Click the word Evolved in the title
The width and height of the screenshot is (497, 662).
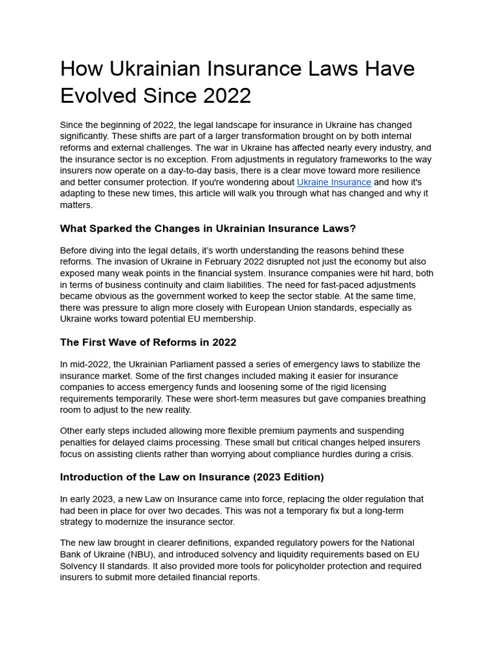coord(97,95)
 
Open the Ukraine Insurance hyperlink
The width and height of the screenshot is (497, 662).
coord(334,182)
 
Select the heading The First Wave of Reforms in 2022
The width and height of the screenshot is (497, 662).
coord(148,342)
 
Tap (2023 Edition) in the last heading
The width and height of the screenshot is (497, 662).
coord(289,477)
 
